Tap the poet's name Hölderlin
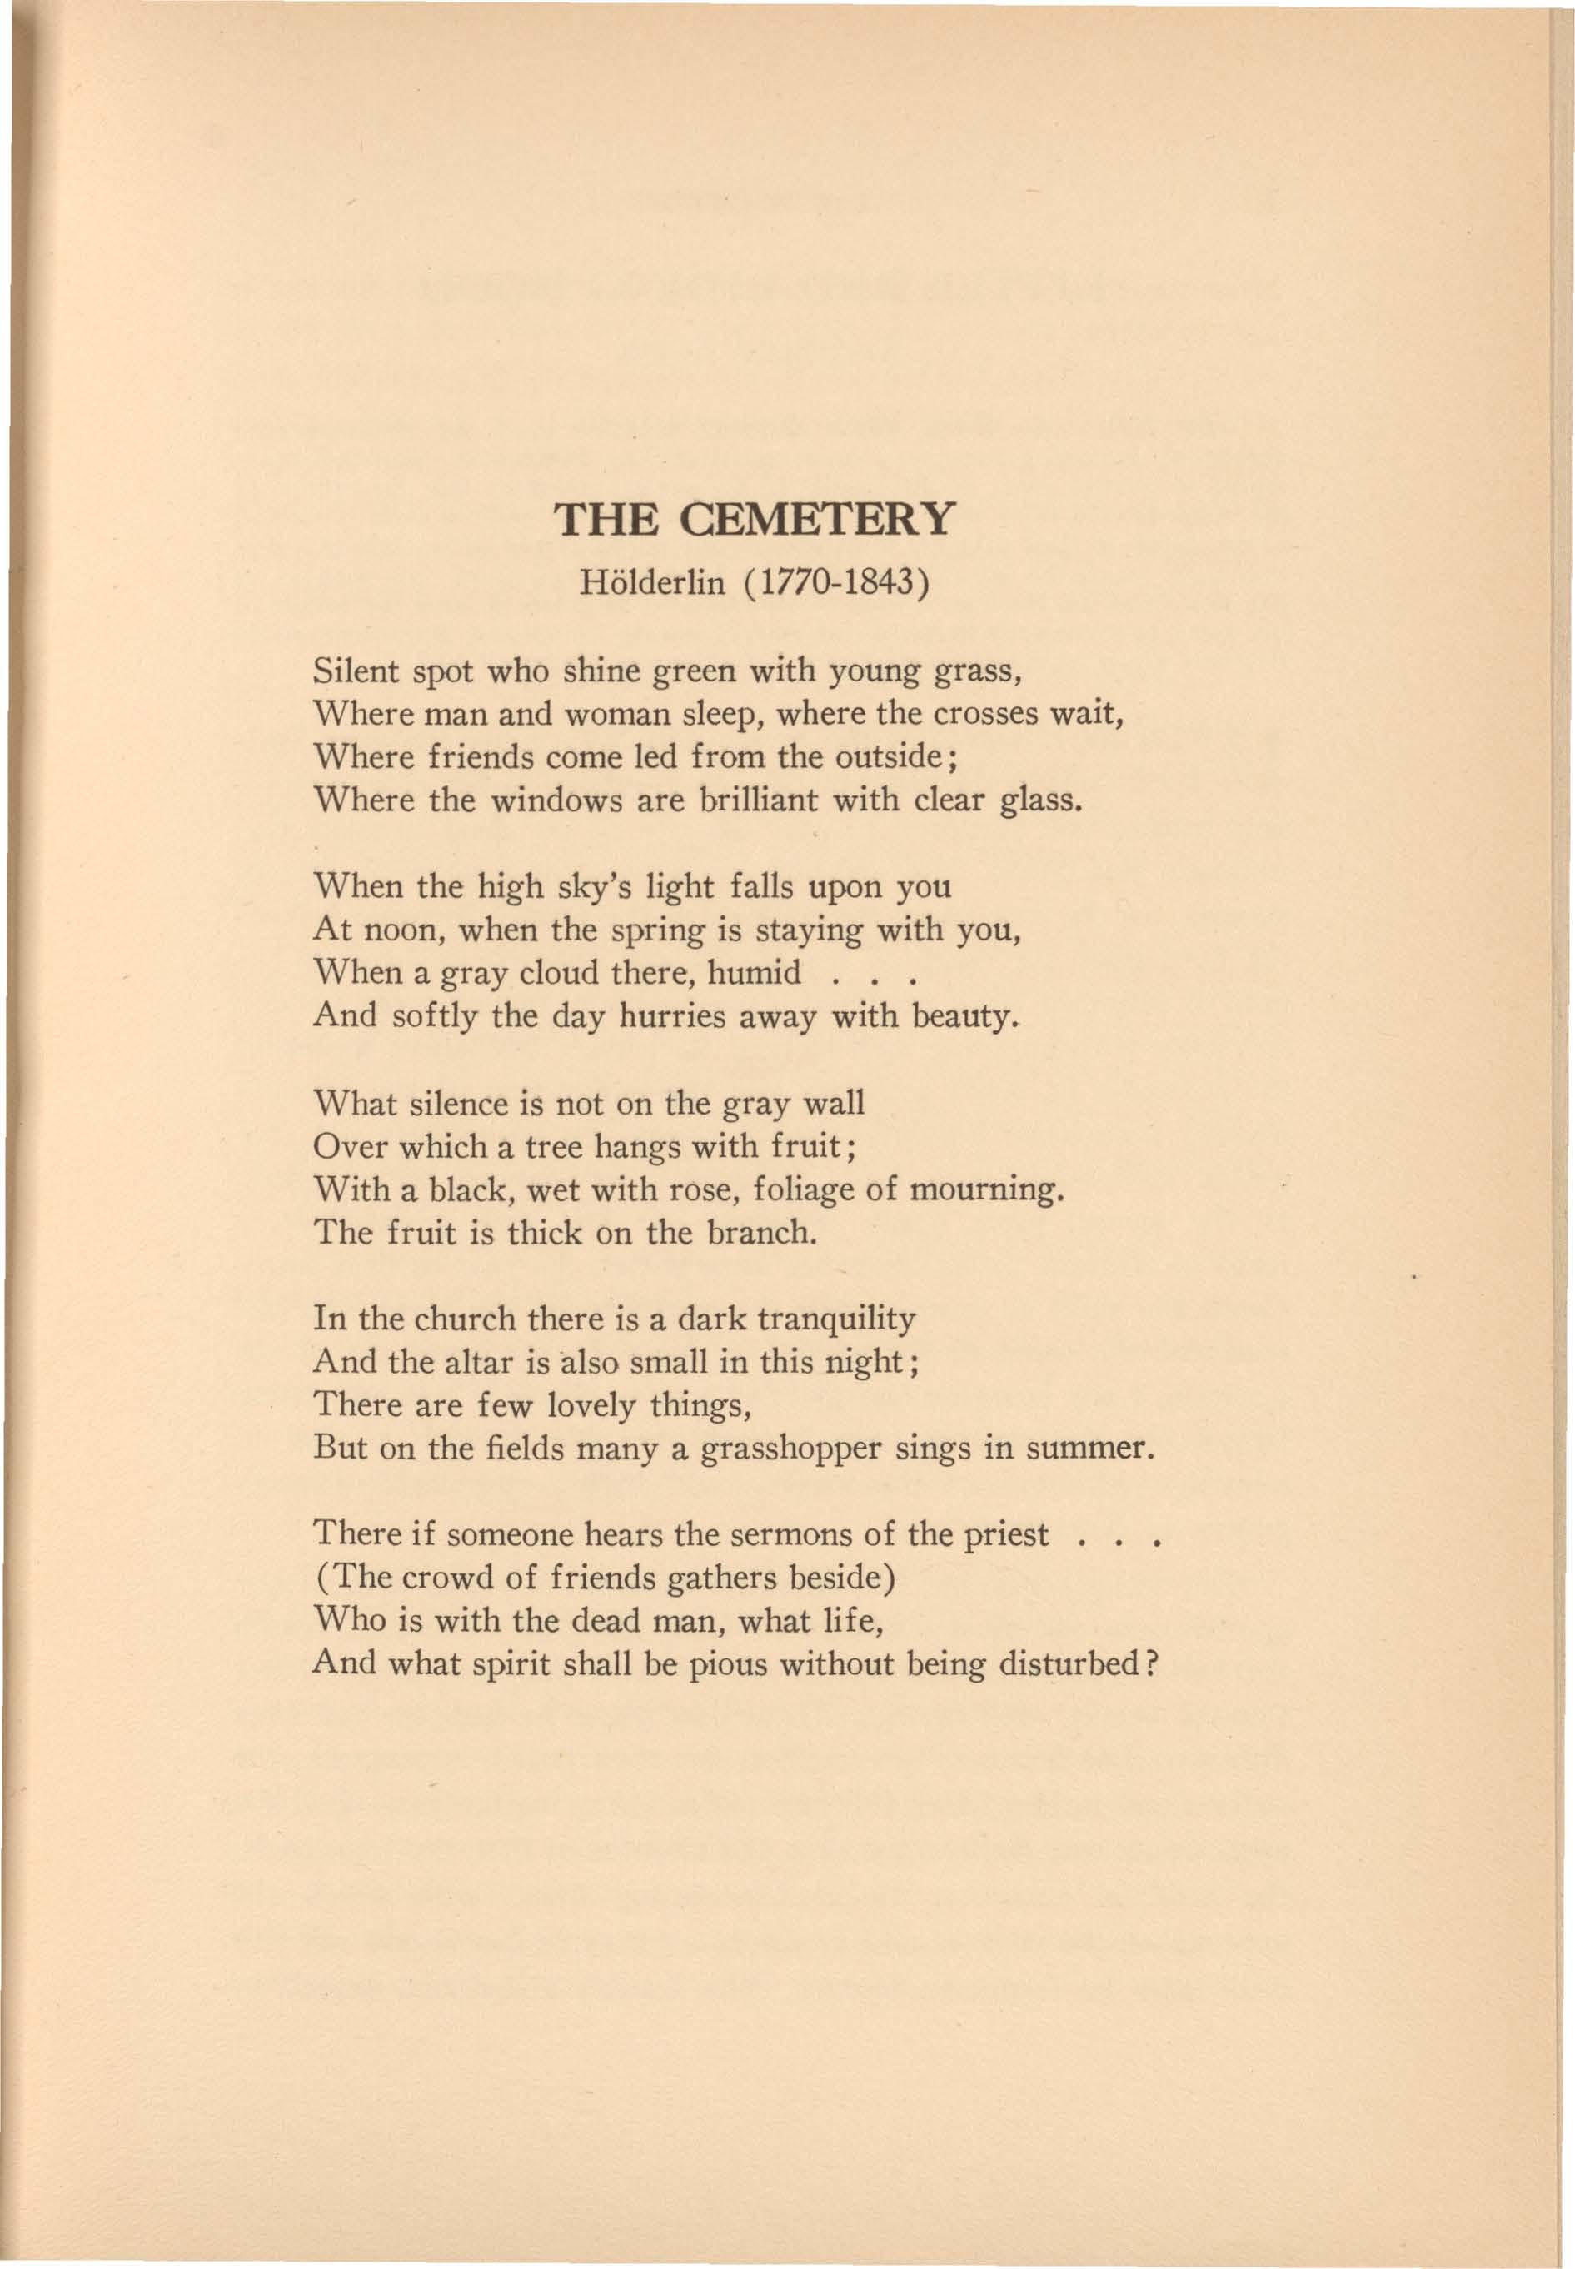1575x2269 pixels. [x=651, y=583]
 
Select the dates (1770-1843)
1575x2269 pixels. [x=837, y=583]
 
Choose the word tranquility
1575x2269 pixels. [x=837, y=1320]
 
